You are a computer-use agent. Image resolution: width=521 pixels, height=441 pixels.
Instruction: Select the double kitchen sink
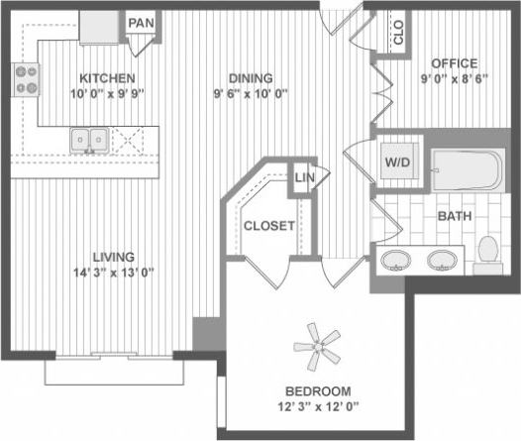click(x=89, y=141)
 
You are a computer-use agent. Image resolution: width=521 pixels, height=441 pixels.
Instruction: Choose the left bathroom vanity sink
click(x=396, y=261)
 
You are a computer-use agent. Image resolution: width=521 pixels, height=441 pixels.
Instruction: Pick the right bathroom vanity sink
click(x=442, y=261)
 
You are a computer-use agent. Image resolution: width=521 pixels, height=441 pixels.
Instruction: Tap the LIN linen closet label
click(x=303, y=178)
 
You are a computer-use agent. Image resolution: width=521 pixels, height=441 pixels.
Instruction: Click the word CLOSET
click(x=269, y=226)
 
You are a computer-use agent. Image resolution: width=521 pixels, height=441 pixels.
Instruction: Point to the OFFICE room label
click(x=454, y=63)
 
